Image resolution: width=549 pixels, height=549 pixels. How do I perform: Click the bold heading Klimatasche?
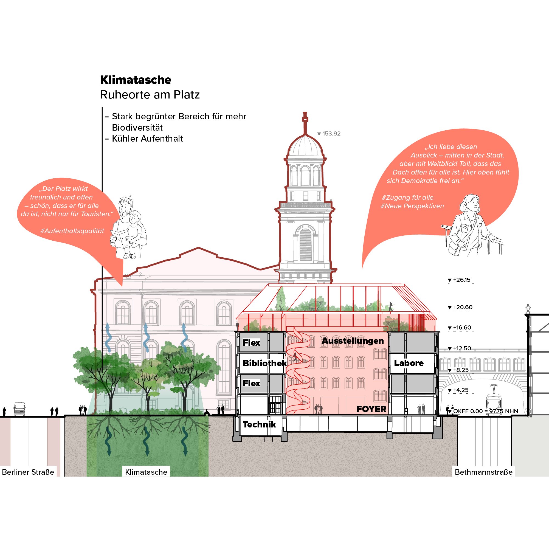coord(136,80)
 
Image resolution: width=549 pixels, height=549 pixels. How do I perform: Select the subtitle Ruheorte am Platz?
coord(150,95)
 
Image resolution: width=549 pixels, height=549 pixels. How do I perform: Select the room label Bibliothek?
coord(264,363)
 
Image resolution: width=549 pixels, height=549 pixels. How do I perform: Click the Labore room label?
coord(409,363)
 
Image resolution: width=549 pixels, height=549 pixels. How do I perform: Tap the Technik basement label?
coord(259,424)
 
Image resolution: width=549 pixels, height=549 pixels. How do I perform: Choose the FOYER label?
coord(371,409)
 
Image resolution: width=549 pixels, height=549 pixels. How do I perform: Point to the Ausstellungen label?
coord(353,341)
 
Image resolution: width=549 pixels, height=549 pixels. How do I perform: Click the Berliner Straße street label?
coord(28,472)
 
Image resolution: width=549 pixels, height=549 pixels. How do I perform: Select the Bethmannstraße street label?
coord(484,472)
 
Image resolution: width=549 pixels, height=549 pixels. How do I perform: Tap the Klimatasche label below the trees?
coord(146,472)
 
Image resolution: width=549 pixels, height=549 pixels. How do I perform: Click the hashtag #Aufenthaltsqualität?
coord(72,231)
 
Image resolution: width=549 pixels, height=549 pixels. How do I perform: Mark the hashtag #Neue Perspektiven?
coord(412,206)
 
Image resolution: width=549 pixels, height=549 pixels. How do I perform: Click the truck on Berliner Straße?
coord(19,409)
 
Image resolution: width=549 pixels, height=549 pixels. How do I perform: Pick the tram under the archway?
coord(494,401)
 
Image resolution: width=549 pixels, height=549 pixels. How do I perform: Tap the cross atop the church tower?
coord(305,117)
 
